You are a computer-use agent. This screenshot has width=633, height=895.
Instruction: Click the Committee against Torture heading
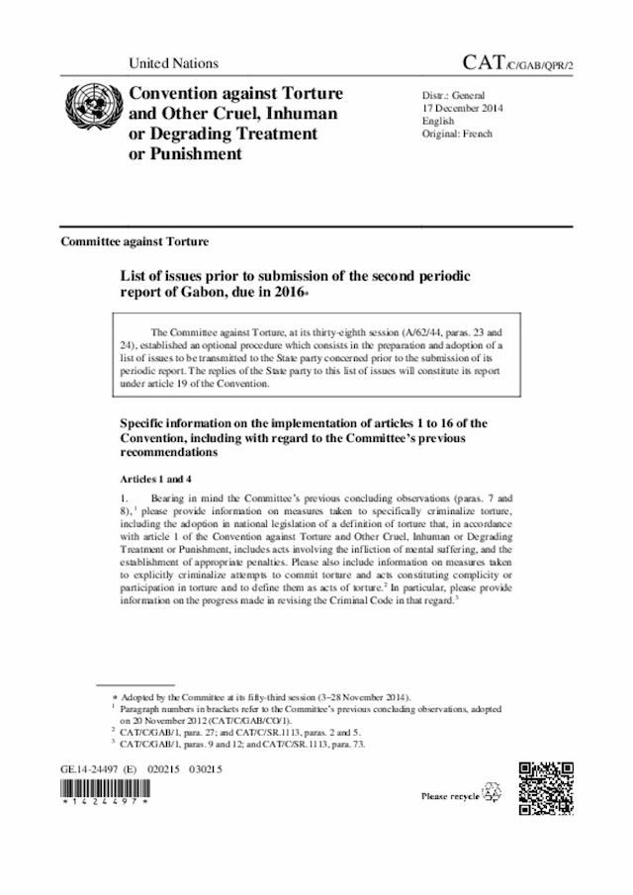[x=134, y=241]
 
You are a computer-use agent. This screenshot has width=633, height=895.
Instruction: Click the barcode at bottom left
[x=104, y=789]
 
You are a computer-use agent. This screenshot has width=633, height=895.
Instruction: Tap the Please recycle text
[x=451, y=795]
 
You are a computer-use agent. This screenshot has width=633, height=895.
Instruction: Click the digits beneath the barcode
[x=104, y=806]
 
